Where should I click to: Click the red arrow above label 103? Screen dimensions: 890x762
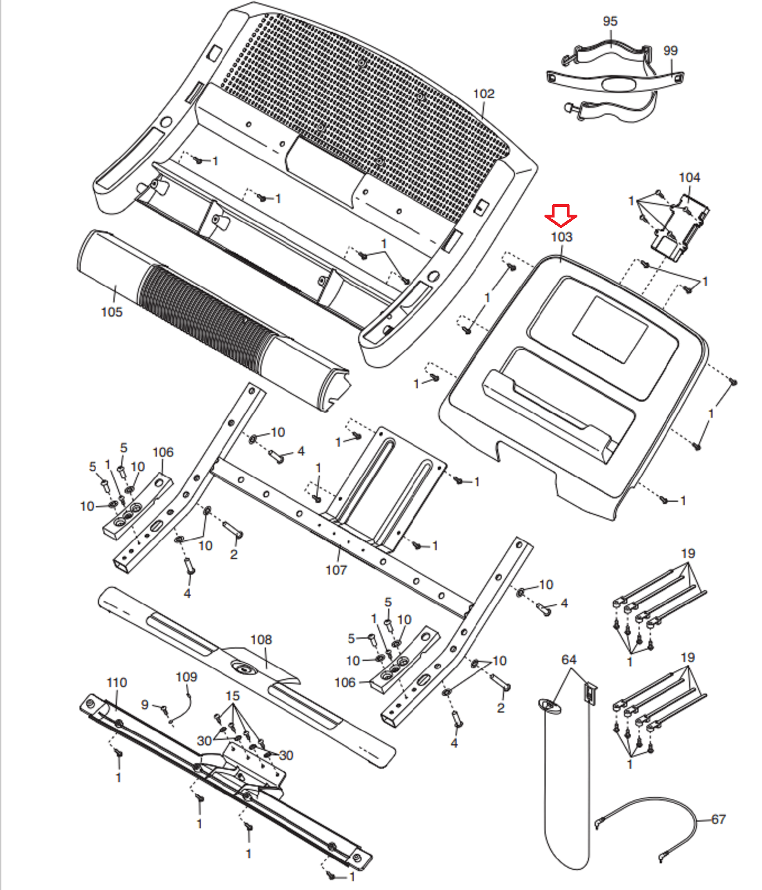(x=561, y=215)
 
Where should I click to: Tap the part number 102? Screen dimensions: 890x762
(x=483, y=94)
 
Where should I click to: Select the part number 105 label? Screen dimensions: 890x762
(x=111, y=312)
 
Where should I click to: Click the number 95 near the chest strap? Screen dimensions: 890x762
(x=610, y=21)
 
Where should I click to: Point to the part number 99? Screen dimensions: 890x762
(x=670, y=51)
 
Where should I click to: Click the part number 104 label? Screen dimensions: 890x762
(x=689, y=177)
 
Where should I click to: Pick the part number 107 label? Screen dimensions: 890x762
(x=336, y=570)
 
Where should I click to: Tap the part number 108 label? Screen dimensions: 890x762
(x=261, y=640)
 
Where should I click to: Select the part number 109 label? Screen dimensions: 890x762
(x=186, y=677)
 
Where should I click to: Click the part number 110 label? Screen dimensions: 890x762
(x=117, y=683)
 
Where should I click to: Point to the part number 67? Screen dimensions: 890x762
(x=718, y=819)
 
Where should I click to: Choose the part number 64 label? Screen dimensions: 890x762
(x=568, y=660)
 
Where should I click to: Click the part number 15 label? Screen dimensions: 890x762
(x=232, y=696)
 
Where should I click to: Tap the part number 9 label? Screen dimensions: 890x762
(x=145, y=705)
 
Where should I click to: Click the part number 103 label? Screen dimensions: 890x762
(x=561, y=237)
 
